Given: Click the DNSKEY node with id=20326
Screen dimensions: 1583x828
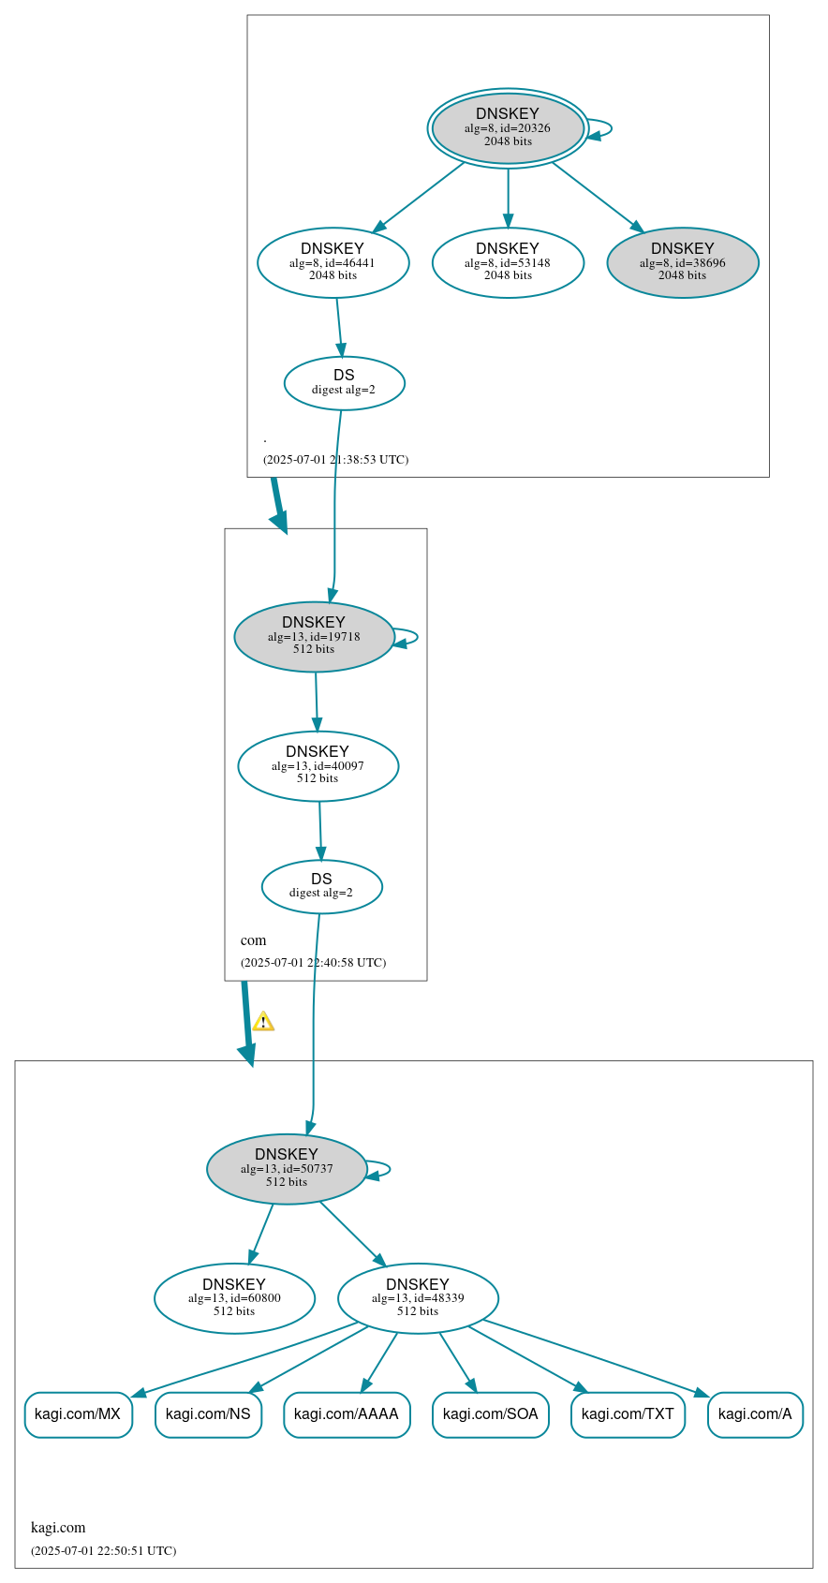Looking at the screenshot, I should point(508,128).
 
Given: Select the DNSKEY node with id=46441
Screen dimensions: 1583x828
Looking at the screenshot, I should point(333,263).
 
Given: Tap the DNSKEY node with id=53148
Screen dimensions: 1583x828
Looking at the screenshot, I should point(508,263).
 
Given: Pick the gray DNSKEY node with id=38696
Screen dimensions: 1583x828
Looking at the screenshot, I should point(682,263).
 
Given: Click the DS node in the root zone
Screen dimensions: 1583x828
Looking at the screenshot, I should point(344,383).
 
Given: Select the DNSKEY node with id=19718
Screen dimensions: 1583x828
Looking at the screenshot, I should point(314,637).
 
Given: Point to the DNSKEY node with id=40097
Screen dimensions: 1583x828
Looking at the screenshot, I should point(318,766).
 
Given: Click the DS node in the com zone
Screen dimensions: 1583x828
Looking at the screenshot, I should point(321,886).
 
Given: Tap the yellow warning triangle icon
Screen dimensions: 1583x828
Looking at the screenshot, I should point(263,1022).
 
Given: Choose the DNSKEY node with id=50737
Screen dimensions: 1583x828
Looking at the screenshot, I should point(287,1169).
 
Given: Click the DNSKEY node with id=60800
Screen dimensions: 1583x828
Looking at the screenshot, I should point(234,1298).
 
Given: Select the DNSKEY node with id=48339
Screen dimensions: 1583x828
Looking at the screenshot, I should point(418,1298).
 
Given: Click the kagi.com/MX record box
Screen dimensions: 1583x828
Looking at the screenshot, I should point(78,1414).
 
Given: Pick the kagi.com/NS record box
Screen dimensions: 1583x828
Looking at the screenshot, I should point(208,1414).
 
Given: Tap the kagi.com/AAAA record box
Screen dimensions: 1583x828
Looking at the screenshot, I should point(347,1414).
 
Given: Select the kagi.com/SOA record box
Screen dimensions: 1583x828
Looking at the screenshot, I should point(490,1414).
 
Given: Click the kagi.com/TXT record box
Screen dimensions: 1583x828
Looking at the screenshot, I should point(628,1414).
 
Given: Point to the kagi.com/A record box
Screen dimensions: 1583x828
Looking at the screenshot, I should point(755,1414).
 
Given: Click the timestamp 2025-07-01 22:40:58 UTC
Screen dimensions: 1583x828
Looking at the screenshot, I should point(313,963).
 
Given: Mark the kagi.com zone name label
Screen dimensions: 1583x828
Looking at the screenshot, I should point(58,1527).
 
